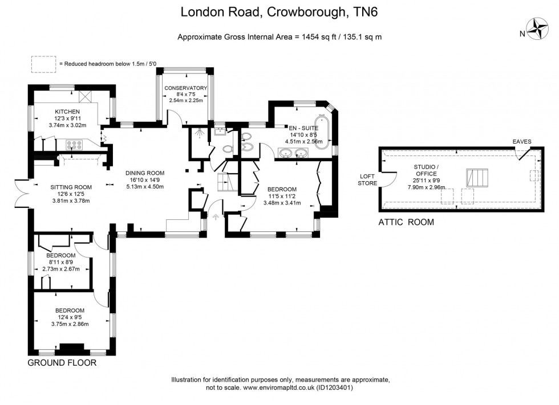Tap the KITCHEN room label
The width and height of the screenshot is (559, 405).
[67, 111]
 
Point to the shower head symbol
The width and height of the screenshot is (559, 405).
[199, 132]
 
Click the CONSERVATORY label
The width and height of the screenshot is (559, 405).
[185, 88]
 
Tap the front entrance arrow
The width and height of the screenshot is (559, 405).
[216, 216]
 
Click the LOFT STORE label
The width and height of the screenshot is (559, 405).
[367, 179]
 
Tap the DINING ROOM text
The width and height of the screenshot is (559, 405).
[145, 173]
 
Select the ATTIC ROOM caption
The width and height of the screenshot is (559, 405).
[406, 222]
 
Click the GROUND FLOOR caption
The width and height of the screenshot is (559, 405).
[62, 363]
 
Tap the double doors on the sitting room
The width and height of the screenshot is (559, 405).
[21, 193]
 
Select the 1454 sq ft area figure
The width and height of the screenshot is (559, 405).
[315, 37]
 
